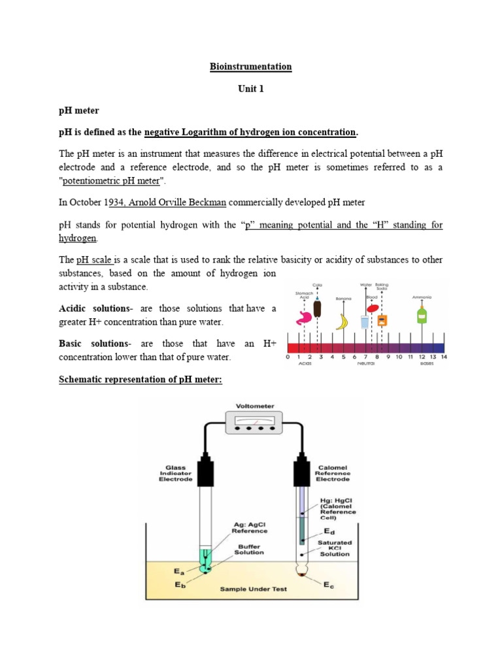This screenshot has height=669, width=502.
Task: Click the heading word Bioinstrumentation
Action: point(251,67)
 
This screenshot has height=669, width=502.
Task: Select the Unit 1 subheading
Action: point(251,89)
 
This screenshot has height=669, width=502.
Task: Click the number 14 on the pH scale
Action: point(444,357)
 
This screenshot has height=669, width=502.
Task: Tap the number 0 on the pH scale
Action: point(288,357)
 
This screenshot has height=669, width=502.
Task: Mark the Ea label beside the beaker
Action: point(178,572)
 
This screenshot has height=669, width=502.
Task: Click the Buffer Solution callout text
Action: point(248,548)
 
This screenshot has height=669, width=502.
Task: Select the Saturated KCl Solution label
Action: point(335,548)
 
